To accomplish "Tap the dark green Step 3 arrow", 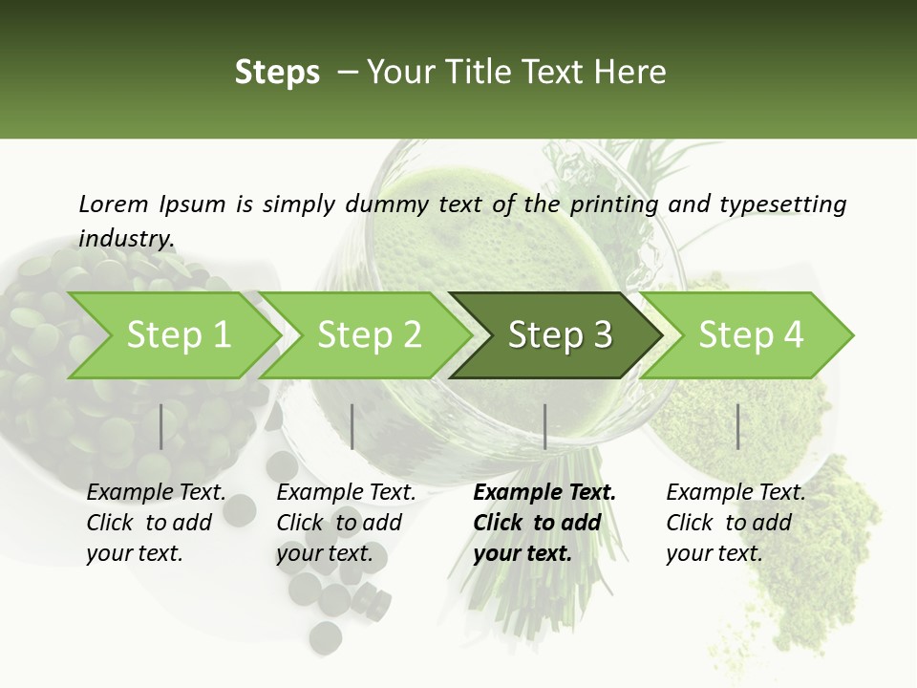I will [560, 334].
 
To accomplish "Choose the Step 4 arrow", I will [751, 334].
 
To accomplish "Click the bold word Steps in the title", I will [277, 72].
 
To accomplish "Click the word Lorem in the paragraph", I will [114, 204].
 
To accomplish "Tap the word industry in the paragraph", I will [126, 238].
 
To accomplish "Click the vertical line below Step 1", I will [161, 426].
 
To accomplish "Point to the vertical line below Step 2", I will [352, 426].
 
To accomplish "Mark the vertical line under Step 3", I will [544, 426].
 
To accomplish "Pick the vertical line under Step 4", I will [738, 426].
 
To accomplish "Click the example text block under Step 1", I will [156, 523].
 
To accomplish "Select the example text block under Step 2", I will [346, 523].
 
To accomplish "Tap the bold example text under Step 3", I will [544, 523].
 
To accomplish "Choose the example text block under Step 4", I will [736, 523].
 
